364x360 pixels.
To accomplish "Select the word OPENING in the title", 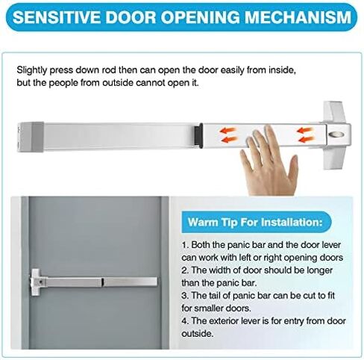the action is (x=200, y=17).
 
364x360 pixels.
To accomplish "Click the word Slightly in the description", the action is (x=31, y=70).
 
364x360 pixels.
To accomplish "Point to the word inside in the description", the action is (x=282, y=70).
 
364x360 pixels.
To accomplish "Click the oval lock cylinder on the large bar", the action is (x=336, y=134).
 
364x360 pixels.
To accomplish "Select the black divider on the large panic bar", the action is (x=198, y=135).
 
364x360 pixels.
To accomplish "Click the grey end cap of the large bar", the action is (x=31, y=137).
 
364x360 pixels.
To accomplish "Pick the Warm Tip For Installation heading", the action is (x=255, y=222).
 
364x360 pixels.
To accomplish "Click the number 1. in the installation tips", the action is (x=185, y=245).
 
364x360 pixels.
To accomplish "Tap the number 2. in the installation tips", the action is (x=186, y=270).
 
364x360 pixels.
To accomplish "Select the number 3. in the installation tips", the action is (x=186, y=296).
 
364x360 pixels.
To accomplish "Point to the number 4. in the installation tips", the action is (x=186, y=321).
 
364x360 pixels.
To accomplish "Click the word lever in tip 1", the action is (x=331, y=245).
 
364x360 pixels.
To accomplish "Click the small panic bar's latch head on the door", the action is (x=36, y=282).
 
